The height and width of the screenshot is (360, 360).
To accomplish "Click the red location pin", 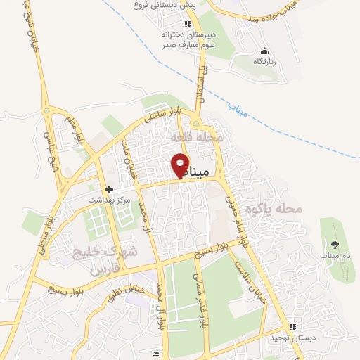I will (x=180, y=165).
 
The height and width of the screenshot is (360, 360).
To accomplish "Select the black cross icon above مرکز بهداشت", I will (x=109, y=189).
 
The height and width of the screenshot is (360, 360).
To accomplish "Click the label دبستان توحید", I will (x=292, y=338).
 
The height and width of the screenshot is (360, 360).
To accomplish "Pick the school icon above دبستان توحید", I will (x=292, y=327).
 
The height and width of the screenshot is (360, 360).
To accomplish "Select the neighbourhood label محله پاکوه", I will (x=278, y=209).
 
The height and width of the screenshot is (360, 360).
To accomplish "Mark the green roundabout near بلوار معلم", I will (x=48, y=110).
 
